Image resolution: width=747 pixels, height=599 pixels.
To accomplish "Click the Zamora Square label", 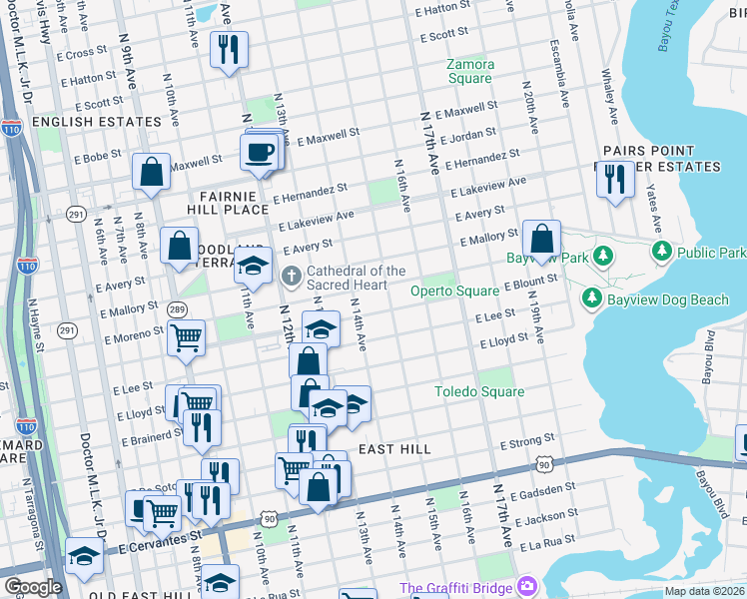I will click(469, 70).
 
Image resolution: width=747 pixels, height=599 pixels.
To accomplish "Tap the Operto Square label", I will click(454, 291).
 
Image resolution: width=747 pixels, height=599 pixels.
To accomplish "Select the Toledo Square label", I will click(478, 391).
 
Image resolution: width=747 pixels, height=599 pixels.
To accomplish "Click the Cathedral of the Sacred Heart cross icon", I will click(292, 275).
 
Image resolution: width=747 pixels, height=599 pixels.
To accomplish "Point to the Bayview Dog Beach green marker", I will click(591, 299).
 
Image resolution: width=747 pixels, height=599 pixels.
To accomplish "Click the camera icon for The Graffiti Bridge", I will click(526, 586).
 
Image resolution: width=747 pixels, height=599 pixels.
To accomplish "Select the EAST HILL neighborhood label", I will click(394, 449).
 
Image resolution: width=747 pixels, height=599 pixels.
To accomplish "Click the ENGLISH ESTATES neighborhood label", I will click(96, 122).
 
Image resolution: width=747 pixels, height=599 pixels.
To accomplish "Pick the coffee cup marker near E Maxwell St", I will click(260, 152).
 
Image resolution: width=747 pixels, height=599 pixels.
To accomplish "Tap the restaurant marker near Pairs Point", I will click(613, 179).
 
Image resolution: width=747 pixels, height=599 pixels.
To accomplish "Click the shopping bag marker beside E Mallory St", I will click(541, 240).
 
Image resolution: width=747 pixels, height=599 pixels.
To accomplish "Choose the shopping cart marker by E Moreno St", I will click(186, 339).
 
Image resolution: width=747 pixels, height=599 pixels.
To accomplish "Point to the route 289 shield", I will click(177, 309).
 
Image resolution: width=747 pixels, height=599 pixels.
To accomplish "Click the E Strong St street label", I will click(528, 441).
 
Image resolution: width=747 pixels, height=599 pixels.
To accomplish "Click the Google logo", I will click(33, 587).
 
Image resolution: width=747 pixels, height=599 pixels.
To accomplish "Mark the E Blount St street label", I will click(529, 286).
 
